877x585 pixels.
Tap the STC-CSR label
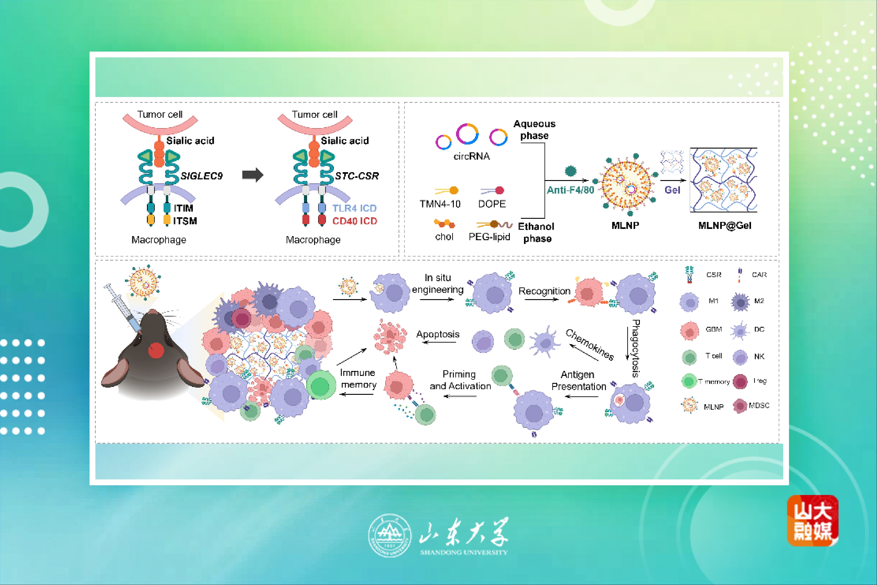pos(357,176)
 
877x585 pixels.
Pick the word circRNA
pos(471,156)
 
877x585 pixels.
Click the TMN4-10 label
pos(440,204)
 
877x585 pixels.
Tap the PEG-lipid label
pos(489,237)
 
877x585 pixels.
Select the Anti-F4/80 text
pos(570,190)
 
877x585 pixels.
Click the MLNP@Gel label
pos(724,225)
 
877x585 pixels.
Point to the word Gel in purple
pos(672,190)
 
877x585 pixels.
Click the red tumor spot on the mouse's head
pos(156,350)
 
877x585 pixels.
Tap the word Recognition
pos(544,291)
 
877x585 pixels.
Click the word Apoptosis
pos(438,334)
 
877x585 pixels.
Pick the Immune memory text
pos(358,378)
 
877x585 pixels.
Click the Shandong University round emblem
pos(390,535)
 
